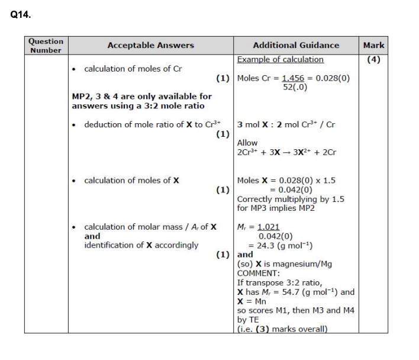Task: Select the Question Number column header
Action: (x=46, y=46)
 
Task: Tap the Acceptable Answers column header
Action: (x=150, y=45)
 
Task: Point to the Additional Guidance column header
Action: (x=296, y=45)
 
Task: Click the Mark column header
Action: (x=373, y=45)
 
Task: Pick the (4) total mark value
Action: (x=373, y=59)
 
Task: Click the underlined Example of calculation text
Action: (x=281, y=59)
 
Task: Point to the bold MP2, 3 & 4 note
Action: (x=141, y=101)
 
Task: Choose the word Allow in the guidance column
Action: (x=247, y=143)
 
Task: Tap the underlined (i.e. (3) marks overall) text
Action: (x=282, y=329)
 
